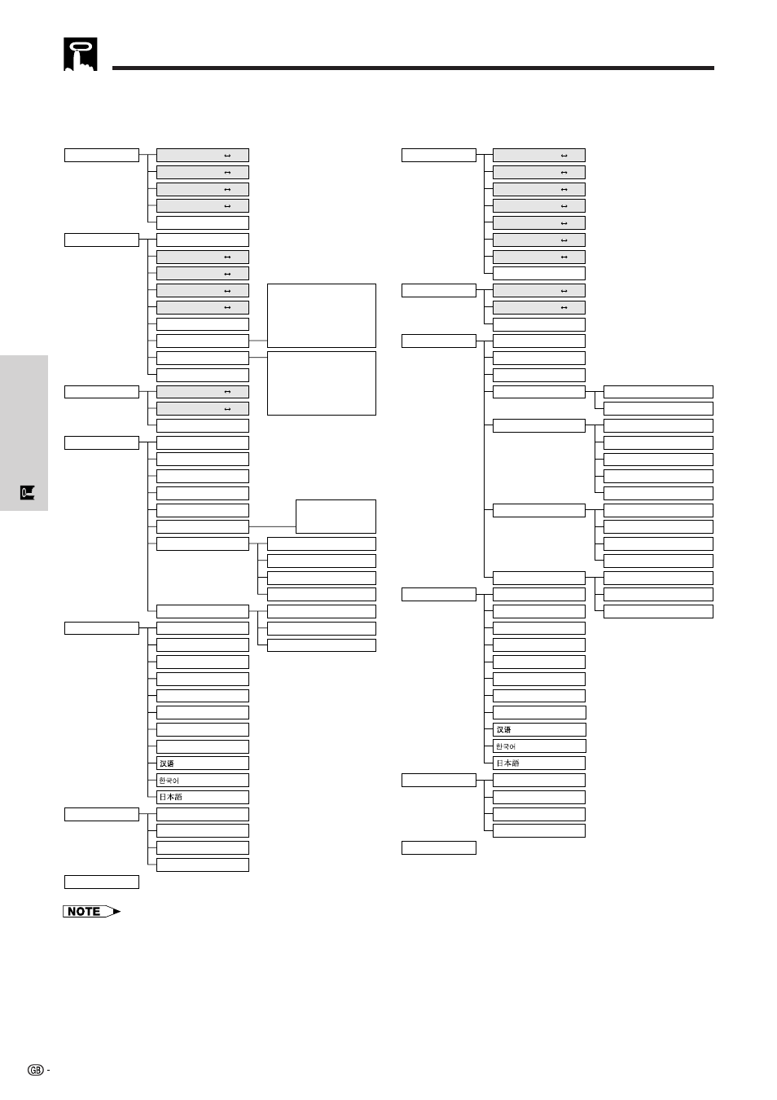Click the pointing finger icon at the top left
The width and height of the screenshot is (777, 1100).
click(x=81, y=55)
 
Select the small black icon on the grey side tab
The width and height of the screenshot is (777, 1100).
click(x=28, y=492)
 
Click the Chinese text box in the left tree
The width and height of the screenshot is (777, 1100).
click(x=202, y=763)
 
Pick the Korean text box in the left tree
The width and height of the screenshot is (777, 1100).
click(x=202, y=780)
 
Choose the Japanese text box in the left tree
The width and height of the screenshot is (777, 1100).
click(x=202, y=797)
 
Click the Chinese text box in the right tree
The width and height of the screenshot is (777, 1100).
click(x=539, y=729)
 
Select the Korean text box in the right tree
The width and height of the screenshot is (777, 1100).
click(x=539, y=746)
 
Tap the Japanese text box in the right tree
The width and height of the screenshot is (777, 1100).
click(x=539, y=763)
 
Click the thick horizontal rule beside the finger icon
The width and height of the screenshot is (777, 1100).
click(x=413, y=68)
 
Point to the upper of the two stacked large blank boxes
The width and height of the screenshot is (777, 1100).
click(x=321, y=315)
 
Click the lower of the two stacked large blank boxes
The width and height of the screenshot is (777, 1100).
click(x=321, y=383)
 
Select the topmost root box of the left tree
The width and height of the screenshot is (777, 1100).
click(x=102, y=155)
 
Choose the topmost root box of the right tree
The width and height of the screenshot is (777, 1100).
click(x=439, y=155)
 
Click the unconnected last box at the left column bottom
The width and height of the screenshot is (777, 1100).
click(x=102, y=882)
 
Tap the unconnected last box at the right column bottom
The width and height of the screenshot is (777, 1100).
click(x=439, y=847)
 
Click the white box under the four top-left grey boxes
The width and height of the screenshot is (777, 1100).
click(x=202, y=222)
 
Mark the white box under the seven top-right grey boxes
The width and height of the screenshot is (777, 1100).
click(x=539, y=274)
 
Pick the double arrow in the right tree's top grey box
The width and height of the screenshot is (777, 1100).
click(x=564, y=155)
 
